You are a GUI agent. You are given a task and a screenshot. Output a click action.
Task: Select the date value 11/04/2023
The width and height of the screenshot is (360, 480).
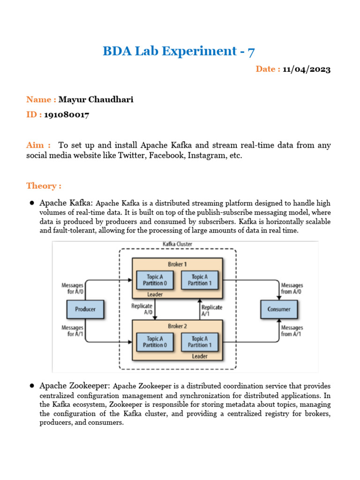click(307, 69)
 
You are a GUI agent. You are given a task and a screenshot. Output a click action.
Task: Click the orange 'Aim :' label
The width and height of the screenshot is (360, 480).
click(38, 145)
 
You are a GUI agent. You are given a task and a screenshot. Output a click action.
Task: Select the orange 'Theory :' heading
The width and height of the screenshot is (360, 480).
click(44, 186)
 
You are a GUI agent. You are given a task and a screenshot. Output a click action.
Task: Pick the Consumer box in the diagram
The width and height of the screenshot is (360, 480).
click(279, 309)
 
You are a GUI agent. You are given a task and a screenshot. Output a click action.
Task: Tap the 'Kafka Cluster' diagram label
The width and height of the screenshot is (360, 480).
click(177, 245)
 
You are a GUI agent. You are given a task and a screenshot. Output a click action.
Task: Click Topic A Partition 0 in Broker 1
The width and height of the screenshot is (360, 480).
click(154, 280)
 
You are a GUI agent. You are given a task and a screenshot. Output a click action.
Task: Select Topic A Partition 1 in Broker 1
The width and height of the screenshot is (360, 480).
click(200, 280)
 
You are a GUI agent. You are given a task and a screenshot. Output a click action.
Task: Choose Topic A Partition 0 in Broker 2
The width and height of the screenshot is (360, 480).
click(154, 342)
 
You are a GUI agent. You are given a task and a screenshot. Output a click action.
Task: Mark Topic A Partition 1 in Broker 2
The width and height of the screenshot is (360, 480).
click(200, 342)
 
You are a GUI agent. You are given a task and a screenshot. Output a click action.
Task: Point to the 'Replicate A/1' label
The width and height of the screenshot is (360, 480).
click(211, 310)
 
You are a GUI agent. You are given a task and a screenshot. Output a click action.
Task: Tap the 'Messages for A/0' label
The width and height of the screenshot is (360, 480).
click(73, 288)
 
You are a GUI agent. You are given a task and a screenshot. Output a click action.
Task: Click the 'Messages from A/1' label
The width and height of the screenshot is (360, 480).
click(292, 330)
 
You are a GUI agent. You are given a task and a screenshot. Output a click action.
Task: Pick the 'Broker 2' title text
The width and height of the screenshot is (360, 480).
click(177, 326)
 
